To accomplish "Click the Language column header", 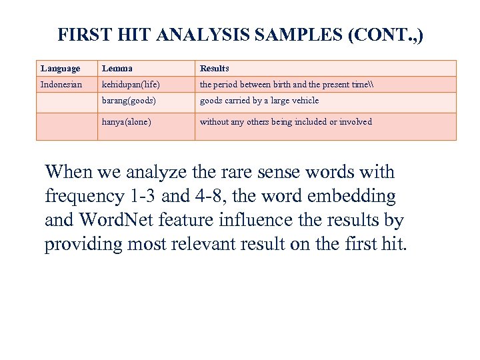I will pyautogui.click(x=60, y=69).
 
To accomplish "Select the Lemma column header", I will pyautogui.click(x=117, y=69).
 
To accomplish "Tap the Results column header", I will pyautogui.click(x=215, y=69).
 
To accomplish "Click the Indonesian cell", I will pyautogui.click(x=61, y=85).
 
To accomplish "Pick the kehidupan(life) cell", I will pyautogui.click(x=131, y=85).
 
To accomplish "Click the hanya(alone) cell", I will pyautogui.click(x=127, y=122).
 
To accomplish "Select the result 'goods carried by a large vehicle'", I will pyautogui.click(x=259, y=101).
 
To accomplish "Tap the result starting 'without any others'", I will pyautogui.click(x=285, y=122).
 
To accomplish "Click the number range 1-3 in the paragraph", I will pyautogui.click(x=142, y=196).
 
